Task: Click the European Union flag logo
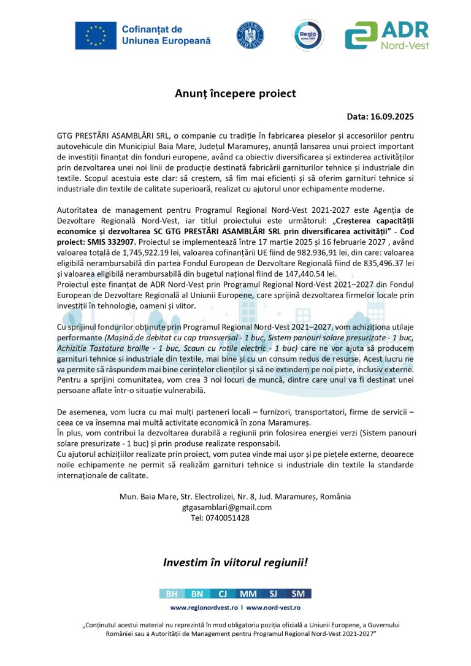click(x=96, y=35)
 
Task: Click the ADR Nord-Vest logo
click(x=386, y=35)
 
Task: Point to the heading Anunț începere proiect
click(x=235, y=93)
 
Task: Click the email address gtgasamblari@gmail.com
click(x=227, y=507)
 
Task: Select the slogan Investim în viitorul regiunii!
click(x=235, y=562)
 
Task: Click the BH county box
click(x=172, y=594)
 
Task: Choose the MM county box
click(x=248, y=594)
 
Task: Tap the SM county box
click(x=299, y=594)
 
